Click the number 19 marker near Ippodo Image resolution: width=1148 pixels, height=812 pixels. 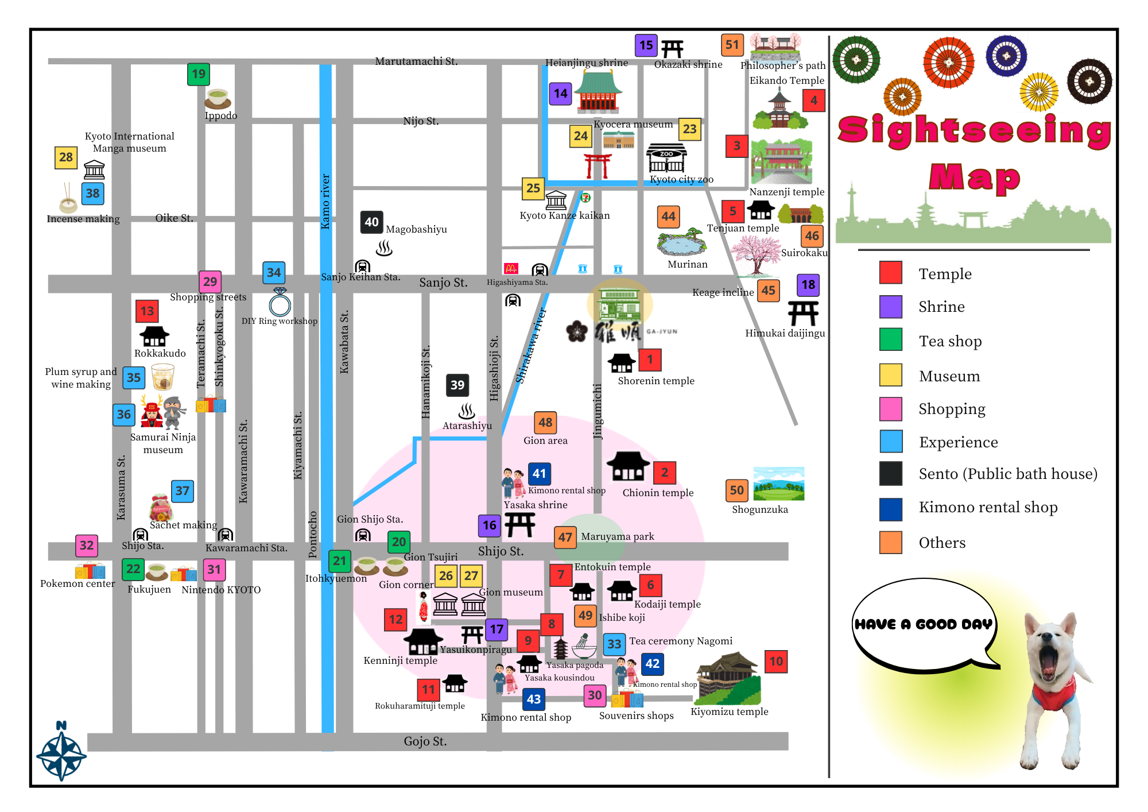199,74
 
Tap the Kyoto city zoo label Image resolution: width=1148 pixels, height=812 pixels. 681,179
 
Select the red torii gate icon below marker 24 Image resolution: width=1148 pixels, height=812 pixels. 598,165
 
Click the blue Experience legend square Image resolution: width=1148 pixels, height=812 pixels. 891,442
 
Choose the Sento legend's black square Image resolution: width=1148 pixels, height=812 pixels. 891,474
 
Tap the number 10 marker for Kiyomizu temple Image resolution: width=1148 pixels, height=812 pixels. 776,661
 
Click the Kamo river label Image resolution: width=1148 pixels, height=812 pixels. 325,202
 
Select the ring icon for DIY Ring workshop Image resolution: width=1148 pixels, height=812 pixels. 280,303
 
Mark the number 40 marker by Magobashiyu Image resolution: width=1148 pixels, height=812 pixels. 371,222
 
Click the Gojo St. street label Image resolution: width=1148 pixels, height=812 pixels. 425,741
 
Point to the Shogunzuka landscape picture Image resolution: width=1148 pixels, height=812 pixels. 778,484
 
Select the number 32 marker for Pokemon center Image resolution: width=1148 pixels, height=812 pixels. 87,546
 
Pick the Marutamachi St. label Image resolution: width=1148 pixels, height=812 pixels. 416,61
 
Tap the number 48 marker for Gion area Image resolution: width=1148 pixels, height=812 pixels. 545,423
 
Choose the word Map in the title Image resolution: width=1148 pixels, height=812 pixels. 975,177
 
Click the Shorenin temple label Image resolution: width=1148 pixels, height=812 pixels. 656,381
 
